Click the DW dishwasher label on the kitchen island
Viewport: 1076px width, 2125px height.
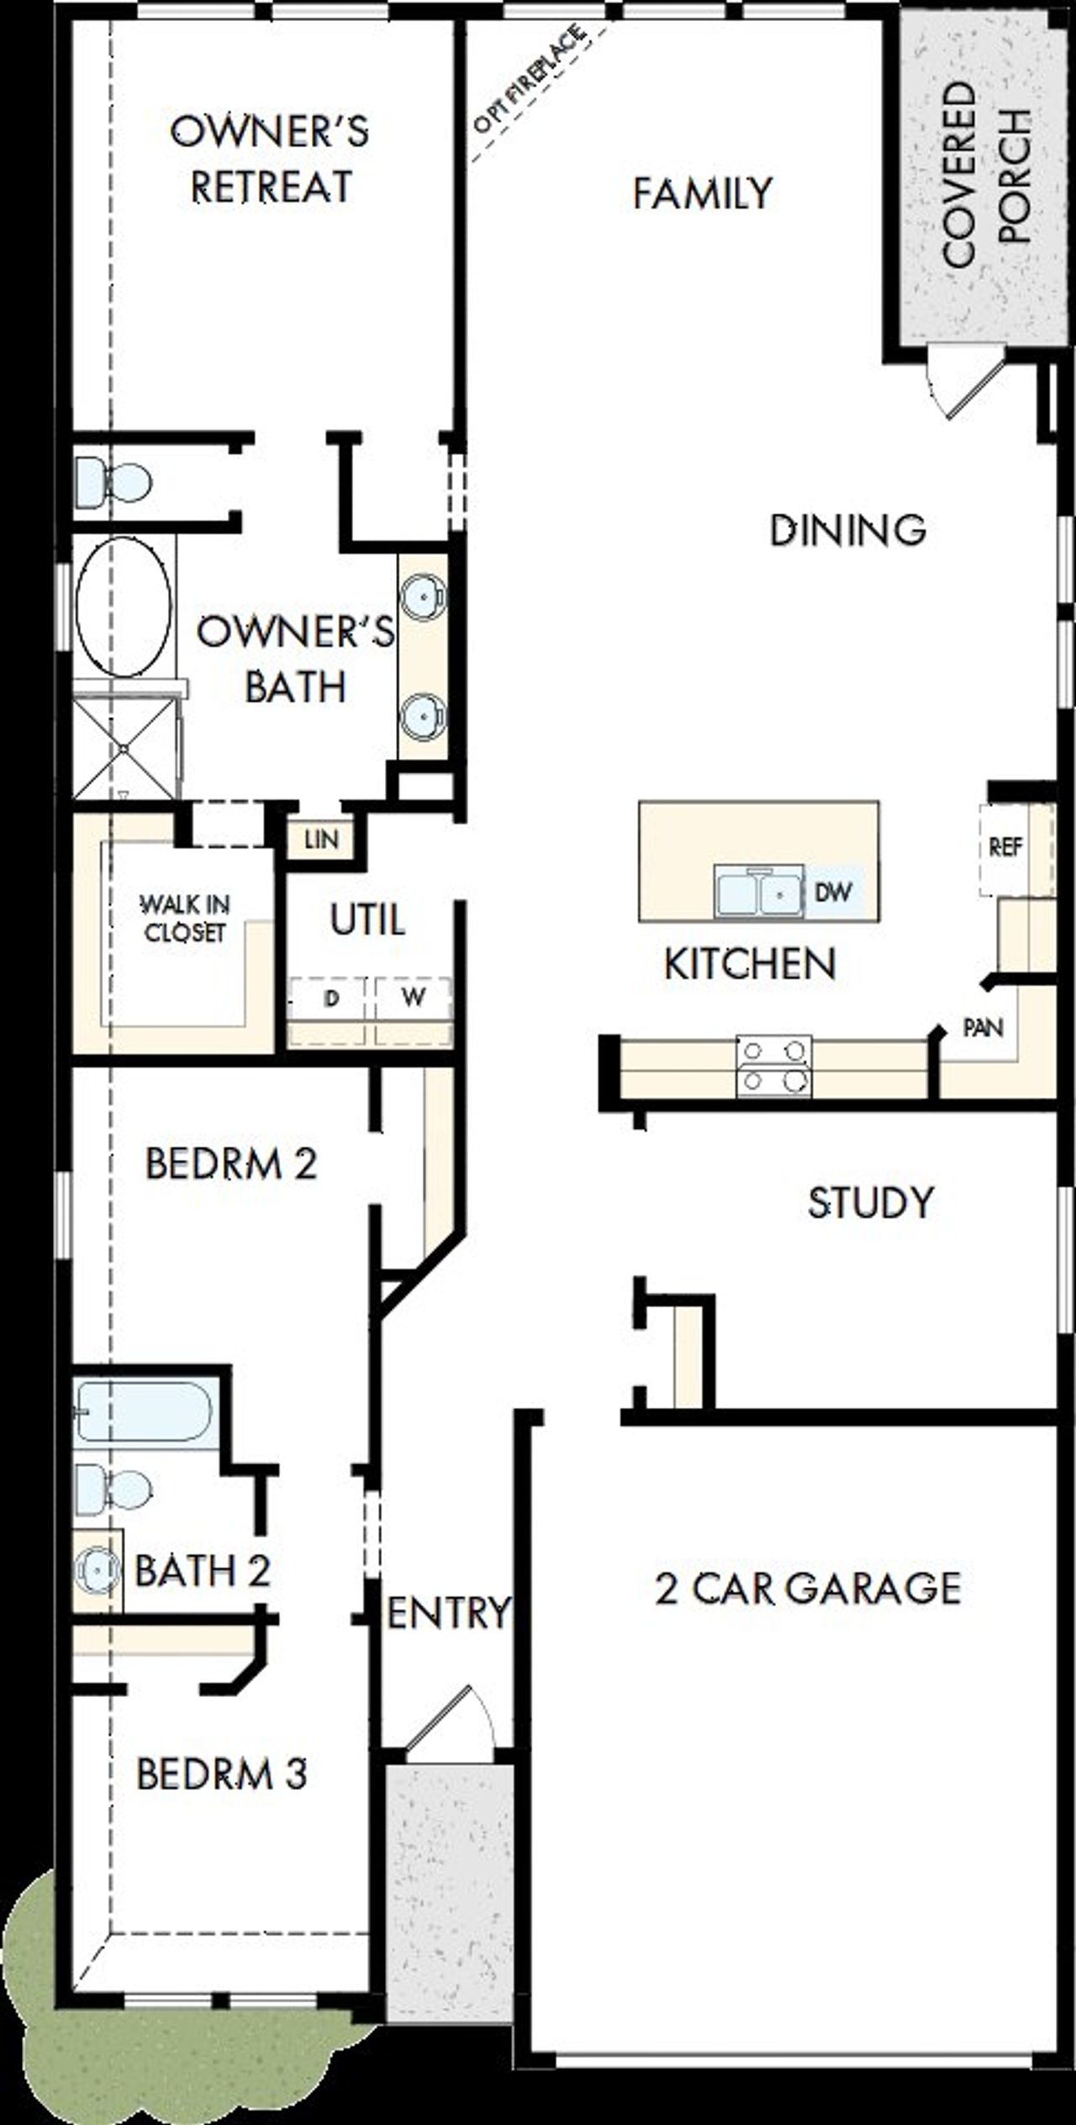point(833,892)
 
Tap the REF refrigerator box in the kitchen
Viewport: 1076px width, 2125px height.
point(1006,847)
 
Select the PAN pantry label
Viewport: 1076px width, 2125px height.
point(982,1027)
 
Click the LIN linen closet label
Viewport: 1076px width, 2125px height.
point(321,839)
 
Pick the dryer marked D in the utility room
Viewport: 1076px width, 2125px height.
point(331,999)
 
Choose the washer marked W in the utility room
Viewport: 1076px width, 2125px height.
point(413,999)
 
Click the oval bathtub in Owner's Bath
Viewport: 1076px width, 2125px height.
point(123,606)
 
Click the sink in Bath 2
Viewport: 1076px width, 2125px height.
point(96,1569)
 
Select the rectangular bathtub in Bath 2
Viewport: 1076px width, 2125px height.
point(145,1411)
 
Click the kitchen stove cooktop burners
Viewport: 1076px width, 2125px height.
point(774,1066)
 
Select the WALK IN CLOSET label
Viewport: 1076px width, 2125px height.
point(184,918)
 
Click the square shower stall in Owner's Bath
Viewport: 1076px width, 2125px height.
point(125,747)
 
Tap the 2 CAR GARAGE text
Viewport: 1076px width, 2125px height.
point(807,1589)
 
